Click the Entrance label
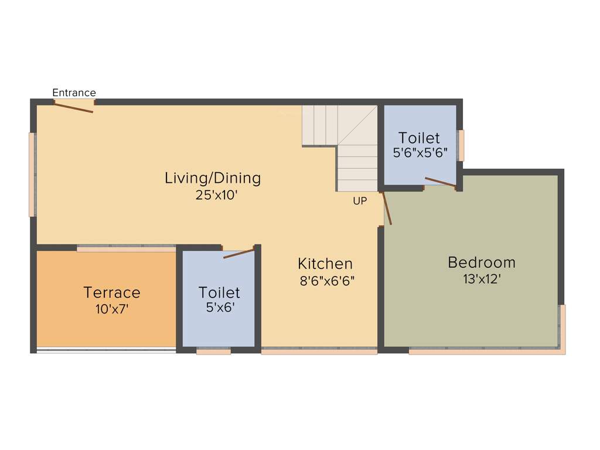(74, 93)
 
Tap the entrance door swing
(74, 107)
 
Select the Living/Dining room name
(212, 178)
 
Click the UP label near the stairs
(360, 201)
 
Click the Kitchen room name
(325, 264)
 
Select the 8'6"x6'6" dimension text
(328, 281)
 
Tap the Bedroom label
(482, 262)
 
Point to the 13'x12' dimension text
(482, 279)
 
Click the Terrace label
(112, 292)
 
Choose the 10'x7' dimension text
(112, 309)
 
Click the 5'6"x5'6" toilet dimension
(420, 154)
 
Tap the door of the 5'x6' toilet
(239, 253)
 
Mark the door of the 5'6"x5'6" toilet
(440, 182)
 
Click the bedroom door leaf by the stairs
(387, 208)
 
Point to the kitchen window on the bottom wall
(319, 351)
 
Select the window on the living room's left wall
(33, 174)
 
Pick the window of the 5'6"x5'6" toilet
(462, 145)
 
